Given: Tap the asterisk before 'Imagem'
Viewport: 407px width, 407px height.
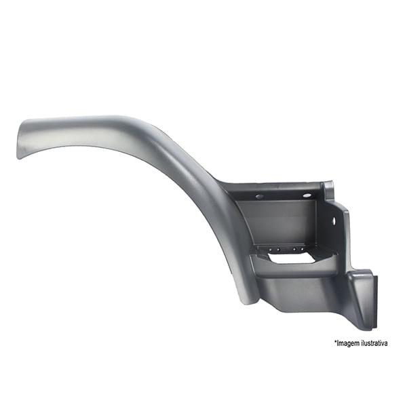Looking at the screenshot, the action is point(335,341).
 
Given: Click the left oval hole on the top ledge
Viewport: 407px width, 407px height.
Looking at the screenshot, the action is point(259,196).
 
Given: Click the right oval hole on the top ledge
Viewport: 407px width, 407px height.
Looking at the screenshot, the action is point(307,195).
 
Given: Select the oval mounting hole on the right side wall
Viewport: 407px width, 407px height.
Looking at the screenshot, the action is point(334,220).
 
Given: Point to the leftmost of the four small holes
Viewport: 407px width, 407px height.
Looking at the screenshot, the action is point(270,250).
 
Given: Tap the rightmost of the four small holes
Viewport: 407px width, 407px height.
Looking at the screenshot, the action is point(302,250).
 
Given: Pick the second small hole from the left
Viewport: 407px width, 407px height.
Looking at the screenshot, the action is point(278,250).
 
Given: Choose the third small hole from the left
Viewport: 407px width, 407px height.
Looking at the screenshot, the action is point(294,250).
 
